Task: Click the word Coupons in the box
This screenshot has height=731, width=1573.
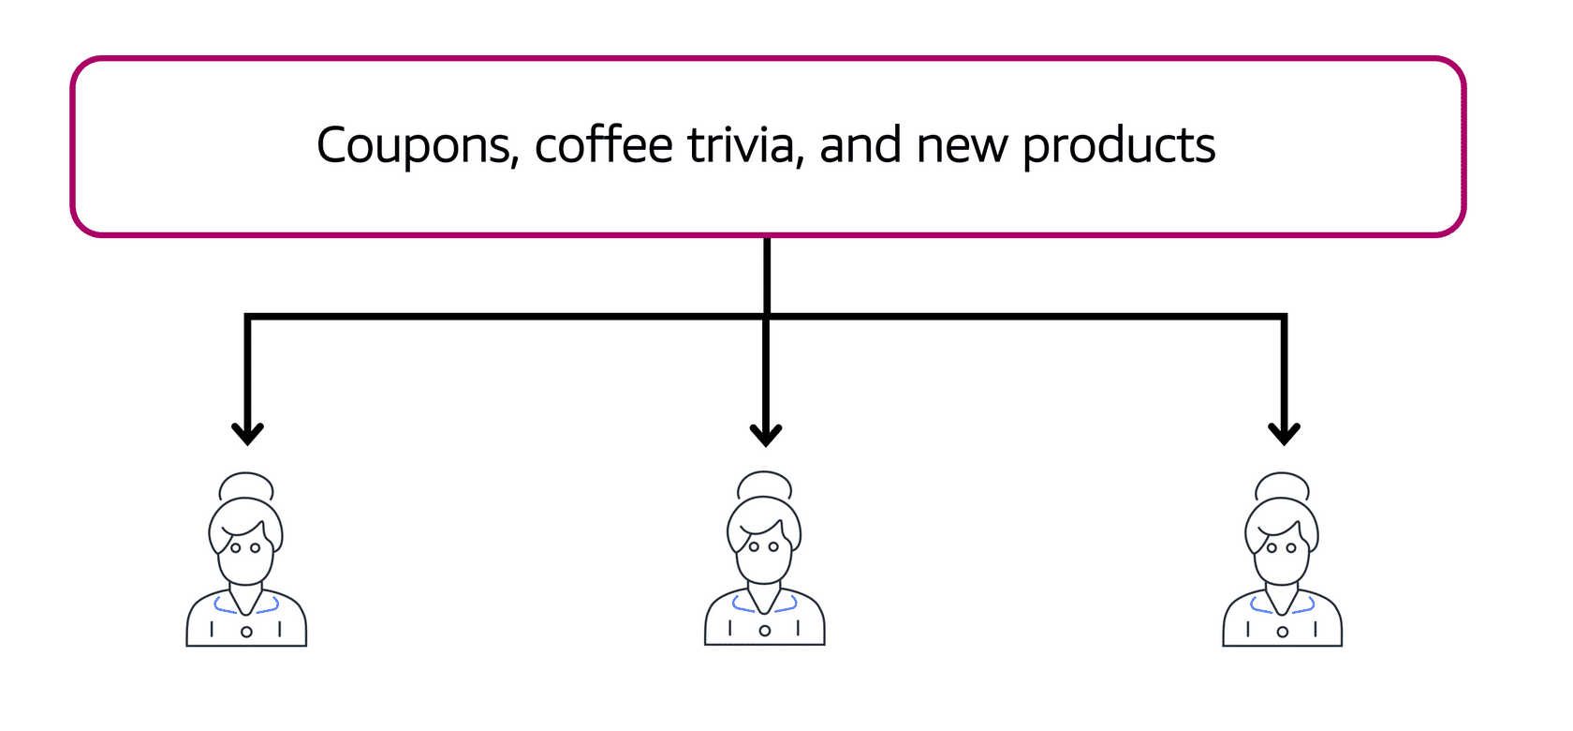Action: (417, 146)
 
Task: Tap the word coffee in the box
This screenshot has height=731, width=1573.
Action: (603, 146)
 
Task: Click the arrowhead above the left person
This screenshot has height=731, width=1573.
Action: (247, 434)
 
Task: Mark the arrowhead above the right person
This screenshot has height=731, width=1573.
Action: (1284, 434)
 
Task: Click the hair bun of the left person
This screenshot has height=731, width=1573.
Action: (246, 486)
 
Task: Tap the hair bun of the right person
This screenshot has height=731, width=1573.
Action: (1283, 486)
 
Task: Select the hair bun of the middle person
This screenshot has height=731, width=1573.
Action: (765, 485)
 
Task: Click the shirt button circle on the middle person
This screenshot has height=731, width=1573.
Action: (765, 631)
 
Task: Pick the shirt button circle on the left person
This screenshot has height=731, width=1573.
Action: (246, 632)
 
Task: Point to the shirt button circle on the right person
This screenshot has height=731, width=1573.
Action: (1283, 632)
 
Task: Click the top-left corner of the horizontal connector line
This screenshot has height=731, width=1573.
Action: (247, 318)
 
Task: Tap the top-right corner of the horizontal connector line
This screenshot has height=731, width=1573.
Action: (1284, 318)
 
